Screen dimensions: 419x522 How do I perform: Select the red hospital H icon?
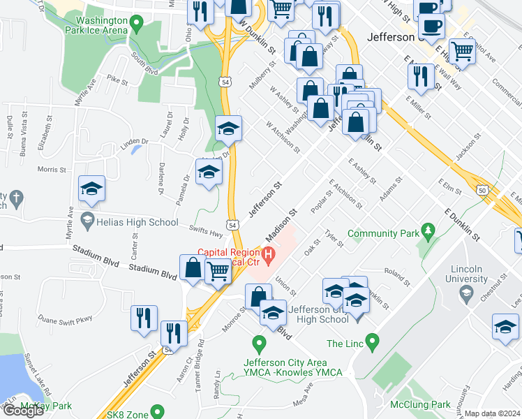click(267, 252)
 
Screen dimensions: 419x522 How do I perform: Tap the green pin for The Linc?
click(372, 343)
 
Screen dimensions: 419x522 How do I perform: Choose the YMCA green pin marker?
click(259, 344)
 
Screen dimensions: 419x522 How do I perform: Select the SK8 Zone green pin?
click(158, 413)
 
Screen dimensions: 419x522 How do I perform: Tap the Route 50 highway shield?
click(482, 189)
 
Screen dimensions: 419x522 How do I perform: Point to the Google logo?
click(23, 411)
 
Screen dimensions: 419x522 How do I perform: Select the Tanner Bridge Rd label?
click(200, 354)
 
